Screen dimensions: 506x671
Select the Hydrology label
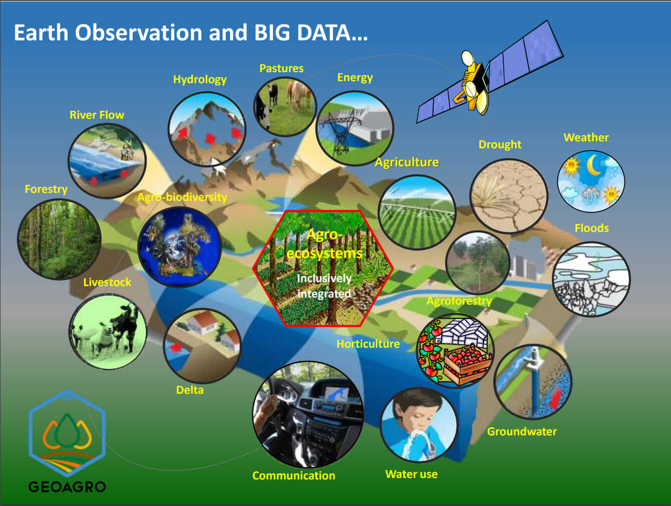[200, 79]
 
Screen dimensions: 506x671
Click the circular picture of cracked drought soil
[508, 196]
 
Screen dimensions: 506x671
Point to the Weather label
[586, 137]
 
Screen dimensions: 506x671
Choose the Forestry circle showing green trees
[59, 239]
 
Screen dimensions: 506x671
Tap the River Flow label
[97, 115]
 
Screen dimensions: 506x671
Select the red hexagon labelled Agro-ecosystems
[323, 268]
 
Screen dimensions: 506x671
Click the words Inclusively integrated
[324, 286]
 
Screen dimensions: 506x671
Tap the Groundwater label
[522, 431]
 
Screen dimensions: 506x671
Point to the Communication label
[293, 475]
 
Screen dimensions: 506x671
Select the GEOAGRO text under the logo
[67, 486]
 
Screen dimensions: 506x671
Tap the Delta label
[190, 390]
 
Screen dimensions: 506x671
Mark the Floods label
[591, 228]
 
